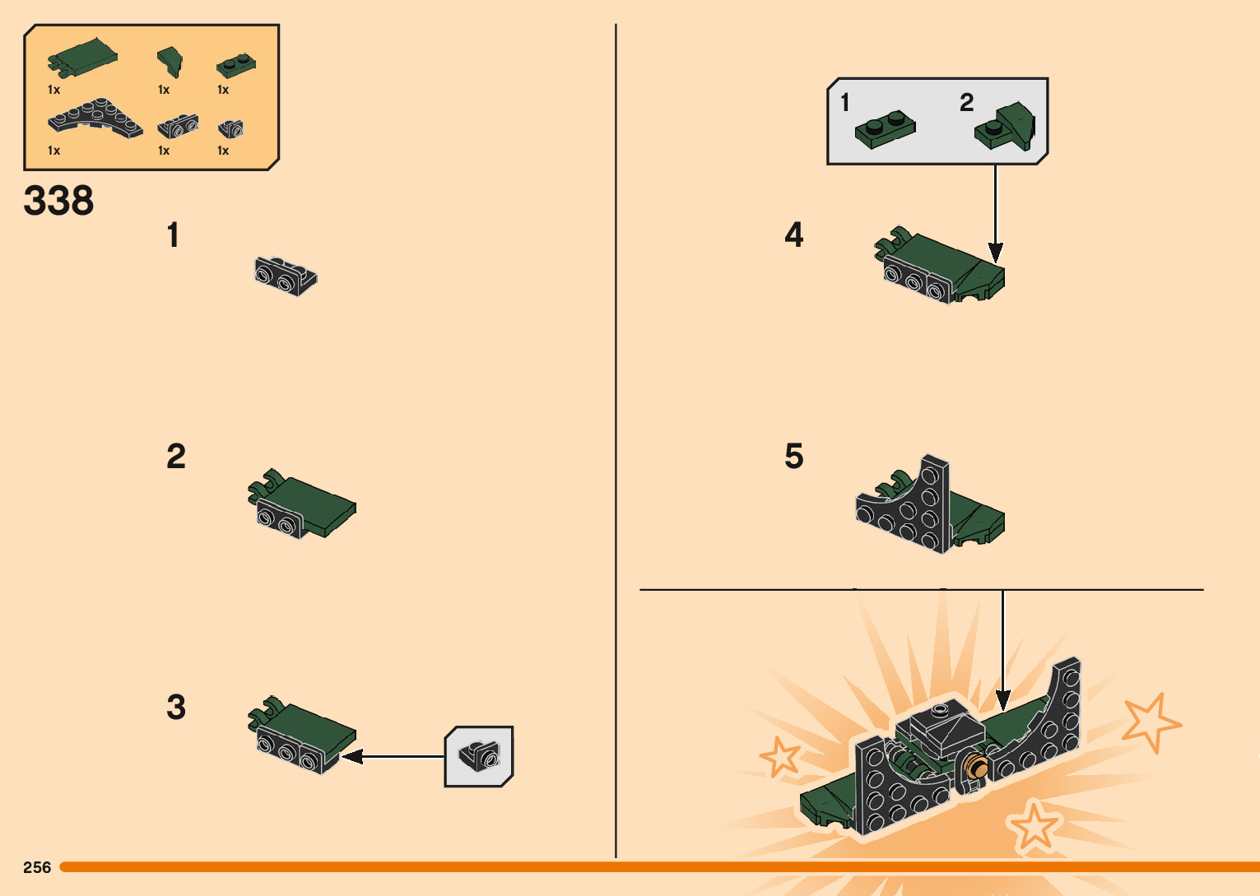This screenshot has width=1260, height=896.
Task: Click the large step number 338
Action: tap(58, 200)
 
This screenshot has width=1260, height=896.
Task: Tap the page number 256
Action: tap(37, 867)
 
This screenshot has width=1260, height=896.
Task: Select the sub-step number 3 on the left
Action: tap(176, 707)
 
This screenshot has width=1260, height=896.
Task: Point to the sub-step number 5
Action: tap(793, 456)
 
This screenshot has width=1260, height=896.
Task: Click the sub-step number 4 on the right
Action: tap(793, 234)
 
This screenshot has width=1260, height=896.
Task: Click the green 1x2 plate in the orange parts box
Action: tap(236, 66)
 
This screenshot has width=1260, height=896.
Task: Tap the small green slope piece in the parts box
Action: tap(170, 62)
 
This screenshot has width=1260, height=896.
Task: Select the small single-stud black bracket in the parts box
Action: tap(230, 129)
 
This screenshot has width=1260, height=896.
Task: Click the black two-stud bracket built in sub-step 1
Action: tap(286, 276)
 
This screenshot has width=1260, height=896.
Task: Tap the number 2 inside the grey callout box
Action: tap(966, 102)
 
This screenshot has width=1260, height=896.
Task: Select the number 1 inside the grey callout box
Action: tap(844, 102)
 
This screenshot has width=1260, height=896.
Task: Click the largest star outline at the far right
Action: tap(1151, 722)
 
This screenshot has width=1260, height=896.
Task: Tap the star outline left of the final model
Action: tap(779, 756)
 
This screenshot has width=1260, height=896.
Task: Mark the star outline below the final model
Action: tap(1034, 826)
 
